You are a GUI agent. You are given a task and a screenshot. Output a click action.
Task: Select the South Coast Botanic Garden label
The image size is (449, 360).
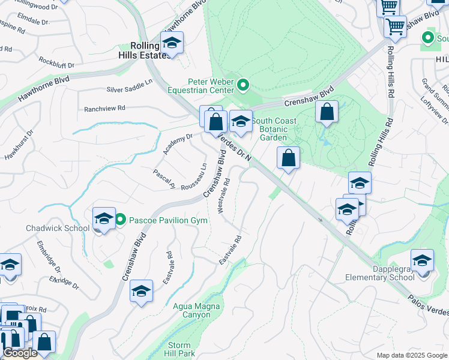273,129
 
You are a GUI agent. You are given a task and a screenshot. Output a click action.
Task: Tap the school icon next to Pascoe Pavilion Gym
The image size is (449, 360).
103,220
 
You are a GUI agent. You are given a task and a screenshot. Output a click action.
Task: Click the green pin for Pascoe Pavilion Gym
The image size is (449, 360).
120,220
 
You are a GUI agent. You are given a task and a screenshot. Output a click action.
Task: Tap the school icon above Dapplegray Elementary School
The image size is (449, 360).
422,261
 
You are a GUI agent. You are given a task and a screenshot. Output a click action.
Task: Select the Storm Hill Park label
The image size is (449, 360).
179,349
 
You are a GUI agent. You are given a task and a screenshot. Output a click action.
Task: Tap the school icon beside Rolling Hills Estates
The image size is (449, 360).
172,43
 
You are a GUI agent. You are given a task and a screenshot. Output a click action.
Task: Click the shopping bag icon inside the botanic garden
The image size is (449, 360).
327,112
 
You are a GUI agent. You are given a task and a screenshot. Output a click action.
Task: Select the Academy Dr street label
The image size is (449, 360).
181,137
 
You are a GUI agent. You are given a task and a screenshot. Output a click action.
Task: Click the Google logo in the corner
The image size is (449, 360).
20,353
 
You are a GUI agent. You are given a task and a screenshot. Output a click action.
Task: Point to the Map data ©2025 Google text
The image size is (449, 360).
411,355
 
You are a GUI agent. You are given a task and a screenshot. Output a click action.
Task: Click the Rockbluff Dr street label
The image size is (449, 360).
56,62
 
